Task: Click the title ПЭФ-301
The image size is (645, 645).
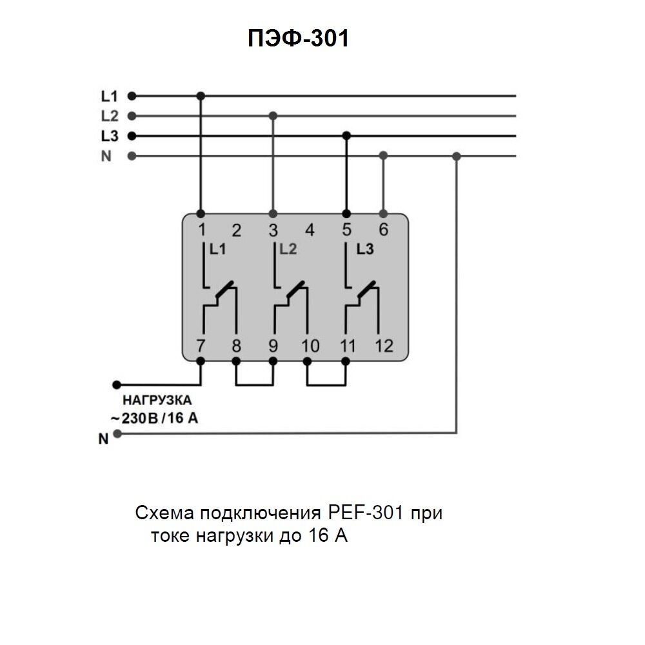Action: coord(298,39)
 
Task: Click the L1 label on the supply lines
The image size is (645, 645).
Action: coord(109,97)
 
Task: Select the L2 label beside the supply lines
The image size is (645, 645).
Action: coord(109,117)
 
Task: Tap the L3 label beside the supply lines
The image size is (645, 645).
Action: coord(109,137)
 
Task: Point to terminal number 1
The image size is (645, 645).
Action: coord(201,230)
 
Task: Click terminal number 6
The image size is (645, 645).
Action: coord(384,230)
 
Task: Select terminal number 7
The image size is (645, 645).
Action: coord(201,346)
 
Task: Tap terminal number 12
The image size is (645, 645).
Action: coord(384,346)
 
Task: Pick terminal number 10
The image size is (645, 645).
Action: coord(310,346)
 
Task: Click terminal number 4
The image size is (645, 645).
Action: coord(310,230)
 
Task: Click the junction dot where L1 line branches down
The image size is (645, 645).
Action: coord(201,96)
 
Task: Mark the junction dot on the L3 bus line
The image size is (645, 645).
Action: coord(346,136)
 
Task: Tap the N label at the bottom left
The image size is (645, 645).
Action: coord(103,440)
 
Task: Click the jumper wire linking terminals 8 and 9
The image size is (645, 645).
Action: coord(255,385)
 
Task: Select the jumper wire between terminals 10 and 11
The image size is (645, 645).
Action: coord(326,385)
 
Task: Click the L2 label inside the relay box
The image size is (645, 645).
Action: coord(287,250)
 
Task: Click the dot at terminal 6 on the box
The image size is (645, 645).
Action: coord(384,213)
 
